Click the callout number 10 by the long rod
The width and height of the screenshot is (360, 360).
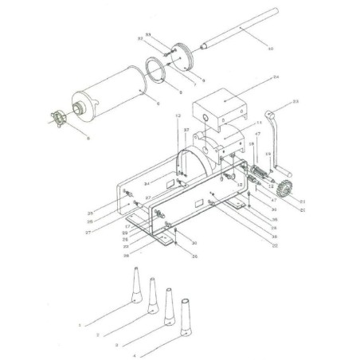coord(271,49)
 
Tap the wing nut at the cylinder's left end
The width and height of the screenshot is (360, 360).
coord(56,119)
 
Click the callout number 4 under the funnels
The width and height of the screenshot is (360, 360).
coord(135,354)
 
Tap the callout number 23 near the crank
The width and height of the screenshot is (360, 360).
coord(295,102)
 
